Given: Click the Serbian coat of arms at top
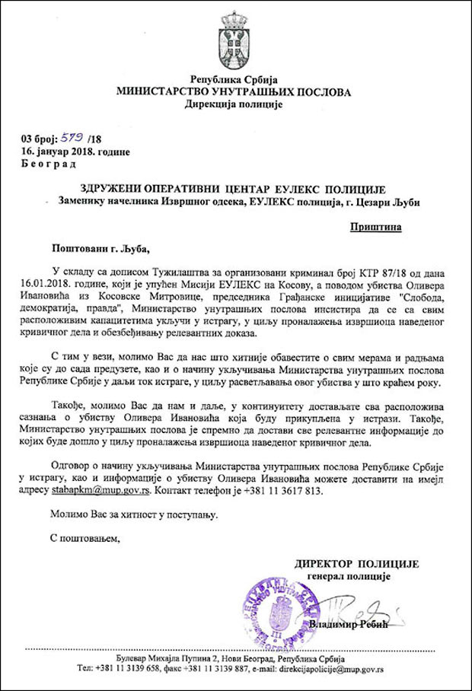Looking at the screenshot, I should [x=235, y=37].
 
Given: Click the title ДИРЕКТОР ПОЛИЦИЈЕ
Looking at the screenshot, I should [x=357, y=563].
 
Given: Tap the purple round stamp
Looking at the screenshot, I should [x=273, y=610].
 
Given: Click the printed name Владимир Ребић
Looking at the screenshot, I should [x=349, y=625].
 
